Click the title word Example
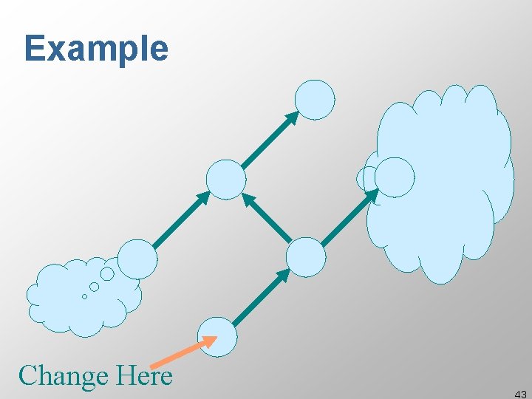pyautogui.click(x=96, y=50)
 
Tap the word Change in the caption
pyautogui.click(x=63, y=376)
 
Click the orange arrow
pyautogui.click(x=183, y=352)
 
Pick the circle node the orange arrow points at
pyautogui.click(x=218, y=336)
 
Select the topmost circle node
pyautogui.click(x=315, y=100)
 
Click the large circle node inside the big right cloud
pyautogui.click(x=395, y=177)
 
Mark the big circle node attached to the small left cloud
pyautogui.click(x=137, y=259)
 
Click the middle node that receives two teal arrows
pyautogui.click(x=225, y=180)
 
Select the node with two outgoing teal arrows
pyautogui.click(x=305, y=257)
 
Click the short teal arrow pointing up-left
pyautogui.click(x=267, y=218)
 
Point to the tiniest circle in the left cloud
pyautogui.click(x=84, y=296)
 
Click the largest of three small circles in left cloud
pyautogui.click(x=107, y=274)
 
